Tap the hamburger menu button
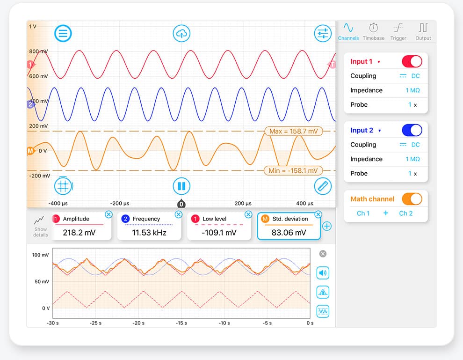click(63, 33)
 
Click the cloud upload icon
click(181, 33)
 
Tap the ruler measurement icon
click(322, 186)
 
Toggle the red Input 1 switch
click(412, 61)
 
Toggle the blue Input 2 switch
click(412, 130)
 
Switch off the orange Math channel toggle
click(412, 199)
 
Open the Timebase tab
click(373, 31)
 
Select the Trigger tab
click(398, 31)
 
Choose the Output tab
click(423, 31)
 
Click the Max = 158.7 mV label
click(293, 131)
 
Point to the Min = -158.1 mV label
click(293, 171)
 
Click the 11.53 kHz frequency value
click(149, 232)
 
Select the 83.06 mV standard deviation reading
click(289, 232)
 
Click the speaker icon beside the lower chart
click(323, 272)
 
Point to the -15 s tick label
click(181, 323)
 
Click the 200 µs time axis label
click(243, 204)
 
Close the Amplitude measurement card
click(109, 214)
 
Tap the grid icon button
click(62, 186)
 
